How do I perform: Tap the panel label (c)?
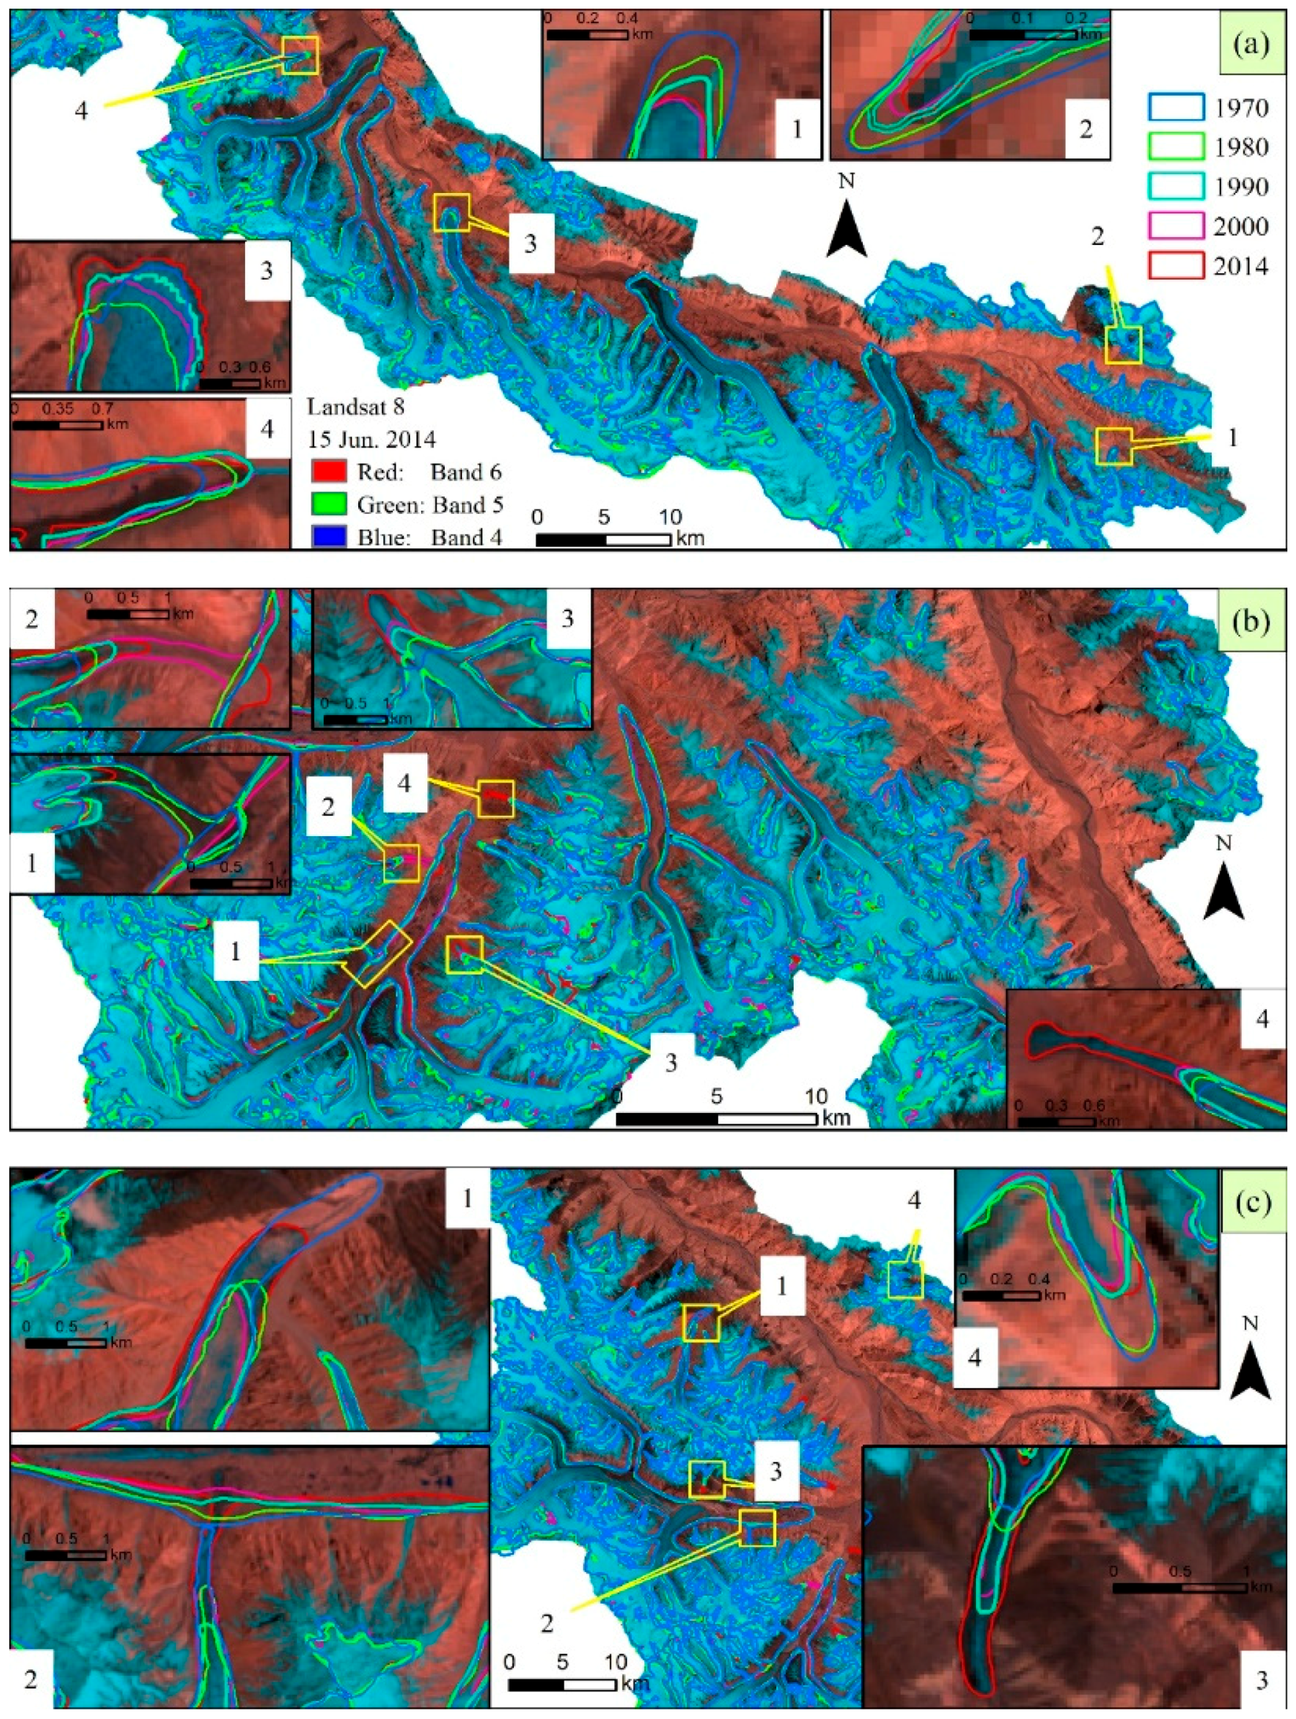point(1251,1202)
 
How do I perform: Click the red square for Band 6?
point(328,471)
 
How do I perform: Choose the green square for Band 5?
point(328,505)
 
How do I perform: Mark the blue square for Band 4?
point(328,537)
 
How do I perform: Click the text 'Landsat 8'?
point(355,407)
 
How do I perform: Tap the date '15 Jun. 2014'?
point(370,439)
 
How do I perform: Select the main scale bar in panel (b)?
point(716,1119)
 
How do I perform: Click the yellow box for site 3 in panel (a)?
point(451,212)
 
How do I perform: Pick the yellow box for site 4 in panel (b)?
point(496,798)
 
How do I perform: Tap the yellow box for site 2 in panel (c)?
point(757,1528)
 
